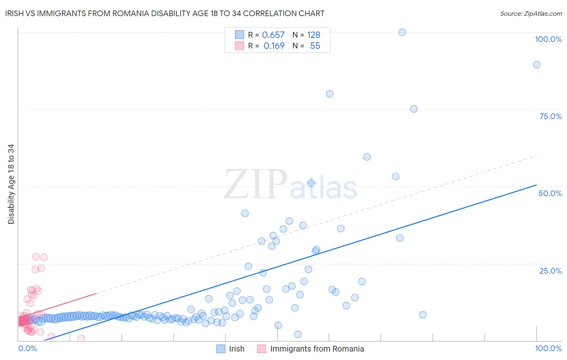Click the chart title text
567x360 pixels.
coord(165,14)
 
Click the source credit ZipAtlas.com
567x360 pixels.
coord(531,14)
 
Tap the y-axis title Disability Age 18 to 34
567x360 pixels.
coord(11,184)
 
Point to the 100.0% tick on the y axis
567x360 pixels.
coord(548,39)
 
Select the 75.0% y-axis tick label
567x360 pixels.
coord(550,116)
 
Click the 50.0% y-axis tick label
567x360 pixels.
coord(550,193)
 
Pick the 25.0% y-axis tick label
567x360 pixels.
coord(550,271)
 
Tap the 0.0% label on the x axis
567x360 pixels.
coord(27,348)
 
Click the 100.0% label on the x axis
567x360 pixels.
coord(548,348)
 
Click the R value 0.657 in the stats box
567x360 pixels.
coord(273,35)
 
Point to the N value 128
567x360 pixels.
coord(313,35)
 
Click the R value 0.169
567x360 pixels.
coord(274,46)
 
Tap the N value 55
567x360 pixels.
coord(315,46)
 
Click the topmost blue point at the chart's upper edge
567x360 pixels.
coord(402,32)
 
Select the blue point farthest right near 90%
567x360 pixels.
coord(537,65)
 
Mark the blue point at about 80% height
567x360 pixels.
coord(329,94)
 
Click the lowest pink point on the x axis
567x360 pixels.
coord(81,338)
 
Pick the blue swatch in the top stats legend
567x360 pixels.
coord(240,35)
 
